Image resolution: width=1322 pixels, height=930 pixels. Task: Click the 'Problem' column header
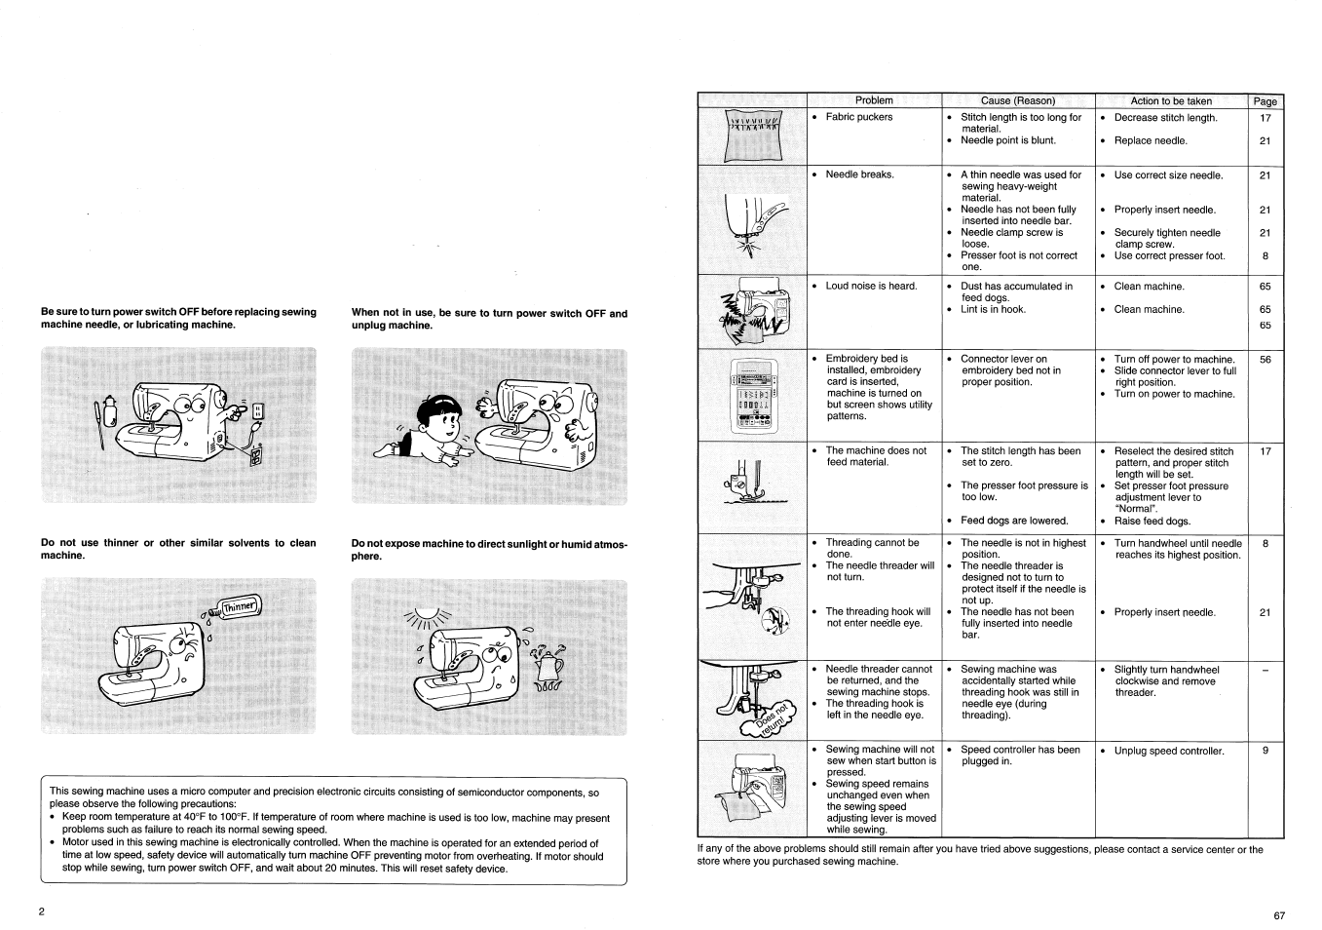click(x=874, y=100)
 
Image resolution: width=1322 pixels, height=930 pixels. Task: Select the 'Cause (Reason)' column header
click(x=1017, y=100)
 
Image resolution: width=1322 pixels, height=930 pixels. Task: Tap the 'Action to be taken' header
click(x=1171, y=100)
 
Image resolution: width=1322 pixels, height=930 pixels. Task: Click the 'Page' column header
click(x=1265, y=101)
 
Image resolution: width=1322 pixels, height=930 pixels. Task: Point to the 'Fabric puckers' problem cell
click(x=858, y=117)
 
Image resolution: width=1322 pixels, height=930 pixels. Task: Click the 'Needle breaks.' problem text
click(x=859, y=174)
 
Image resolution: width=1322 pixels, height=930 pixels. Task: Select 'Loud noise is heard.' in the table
click(x=871, y=287)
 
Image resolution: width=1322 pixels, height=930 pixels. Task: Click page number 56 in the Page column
click(x=1265, y=360)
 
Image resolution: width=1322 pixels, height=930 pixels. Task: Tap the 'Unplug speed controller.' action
click(x=1168, y=752)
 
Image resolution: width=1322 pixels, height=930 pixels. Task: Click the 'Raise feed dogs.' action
click(x=1152, y=522)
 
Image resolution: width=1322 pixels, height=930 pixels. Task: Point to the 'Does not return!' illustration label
click(x=774, y=717)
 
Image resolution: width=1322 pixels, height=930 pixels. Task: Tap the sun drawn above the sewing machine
click(x=429, y=615)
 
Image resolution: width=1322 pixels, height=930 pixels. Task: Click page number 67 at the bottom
click(x=1279, y=915)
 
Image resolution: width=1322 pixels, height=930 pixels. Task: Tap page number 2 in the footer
click(x=42, y=911)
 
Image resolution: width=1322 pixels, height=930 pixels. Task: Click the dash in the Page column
click(x=1265, y=671)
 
